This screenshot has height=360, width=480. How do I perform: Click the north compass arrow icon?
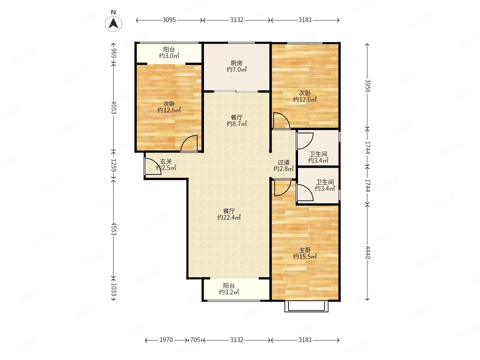(113, 24)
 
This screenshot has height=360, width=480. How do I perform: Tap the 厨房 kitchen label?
(236, 63)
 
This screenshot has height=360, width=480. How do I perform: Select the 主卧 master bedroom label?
(305, 250)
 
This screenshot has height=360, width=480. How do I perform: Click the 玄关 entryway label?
(166, 162)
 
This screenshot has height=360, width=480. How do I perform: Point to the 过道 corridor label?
(283, 162)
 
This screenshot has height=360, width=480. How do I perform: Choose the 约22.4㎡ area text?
(229, 217)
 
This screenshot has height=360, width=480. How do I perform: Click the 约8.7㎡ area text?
(237, 124)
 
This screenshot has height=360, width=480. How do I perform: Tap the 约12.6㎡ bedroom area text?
(305, 99)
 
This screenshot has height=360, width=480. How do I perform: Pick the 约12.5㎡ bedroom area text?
(169, 110)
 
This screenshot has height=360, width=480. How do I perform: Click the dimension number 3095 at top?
(169, 20)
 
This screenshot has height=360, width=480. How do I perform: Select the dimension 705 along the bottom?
(195, 340)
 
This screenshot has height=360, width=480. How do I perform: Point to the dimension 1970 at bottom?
(166, 340)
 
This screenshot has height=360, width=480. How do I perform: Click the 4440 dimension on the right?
(367, 252)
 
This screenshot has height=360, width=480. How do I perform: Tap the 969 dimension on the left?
(113, 53)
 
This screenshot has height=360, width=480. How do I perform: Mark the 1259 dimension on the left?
(113, 165)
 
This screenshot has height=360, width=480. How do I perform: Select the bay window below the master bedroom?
(306, 306)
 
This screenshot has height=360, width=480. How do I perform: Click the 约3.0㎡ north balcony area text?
(169, 56)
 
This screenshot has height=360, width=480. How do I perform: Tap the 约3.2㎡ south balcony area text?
(229, 292)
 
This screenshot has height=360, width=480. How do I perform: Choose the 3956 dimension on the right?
(367, 86)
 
